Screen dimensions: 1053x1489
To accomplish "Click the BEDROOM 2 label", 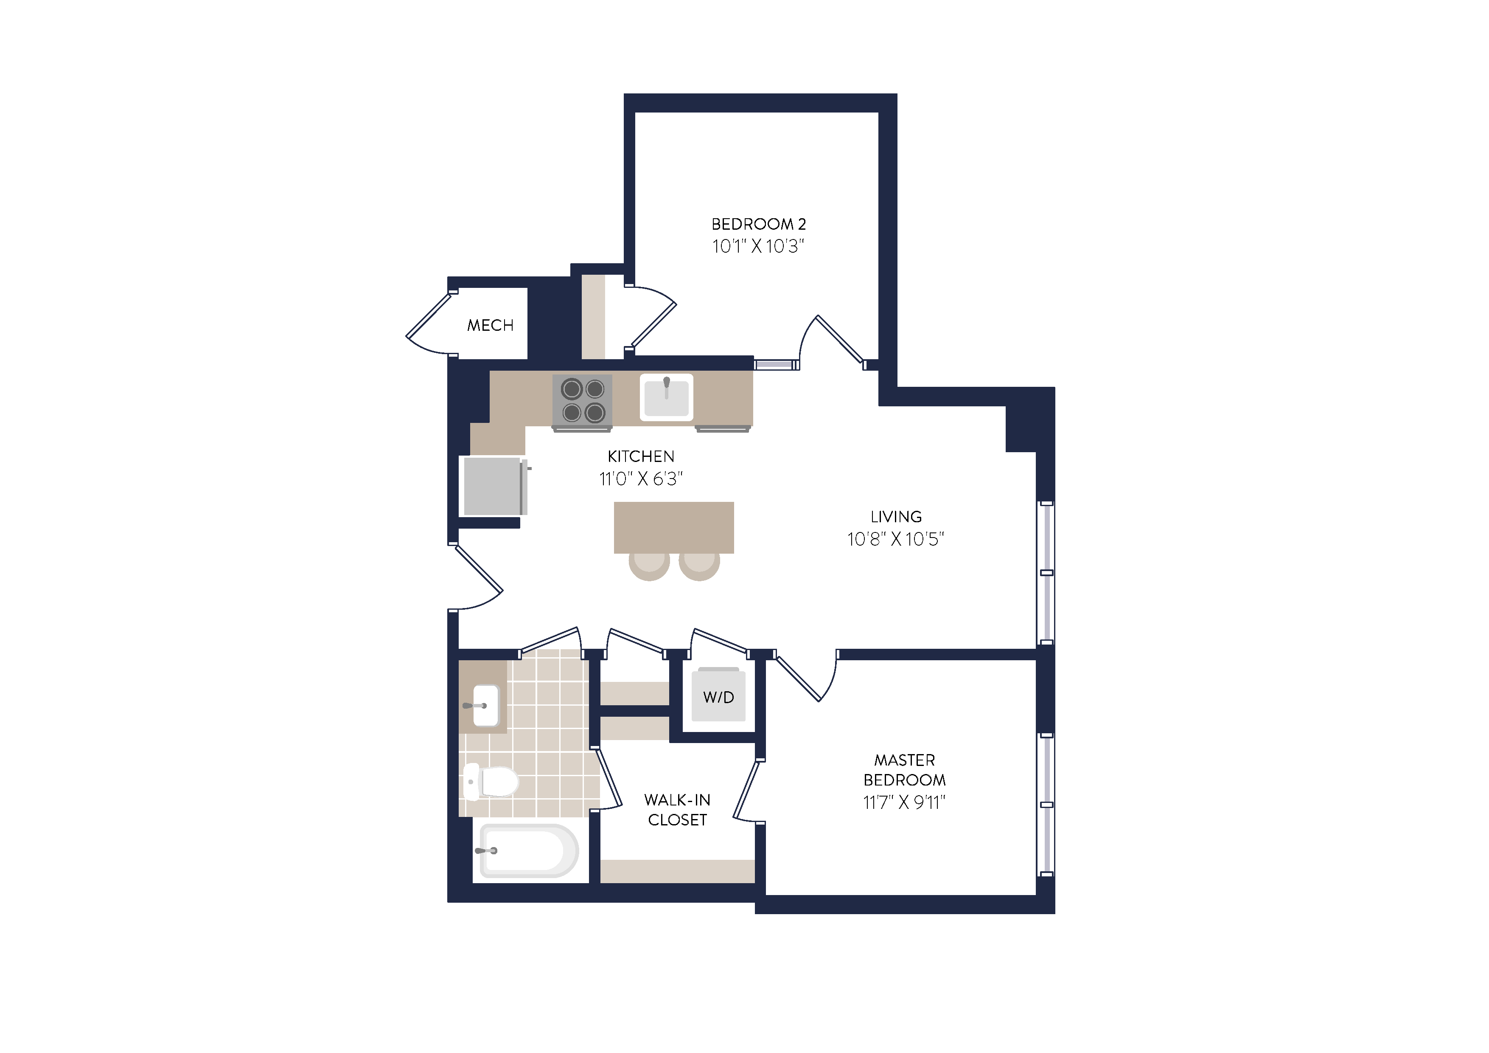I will coord(758,224).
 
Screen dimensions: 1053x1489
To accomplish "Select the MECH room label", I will coord(490,325).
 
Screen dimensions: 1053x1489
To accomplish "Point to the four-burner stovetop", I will coord(582,401).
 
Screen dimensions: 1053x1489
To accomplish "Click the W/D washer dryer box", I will coord(718,697).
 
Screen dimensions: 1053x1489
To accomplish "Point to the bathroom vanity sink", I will coord(485,705).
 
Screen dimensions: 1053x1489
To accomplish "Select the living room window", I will coord(1046,573).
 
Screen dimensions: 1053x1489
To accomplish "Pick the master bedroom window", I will coord(1046,805).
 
